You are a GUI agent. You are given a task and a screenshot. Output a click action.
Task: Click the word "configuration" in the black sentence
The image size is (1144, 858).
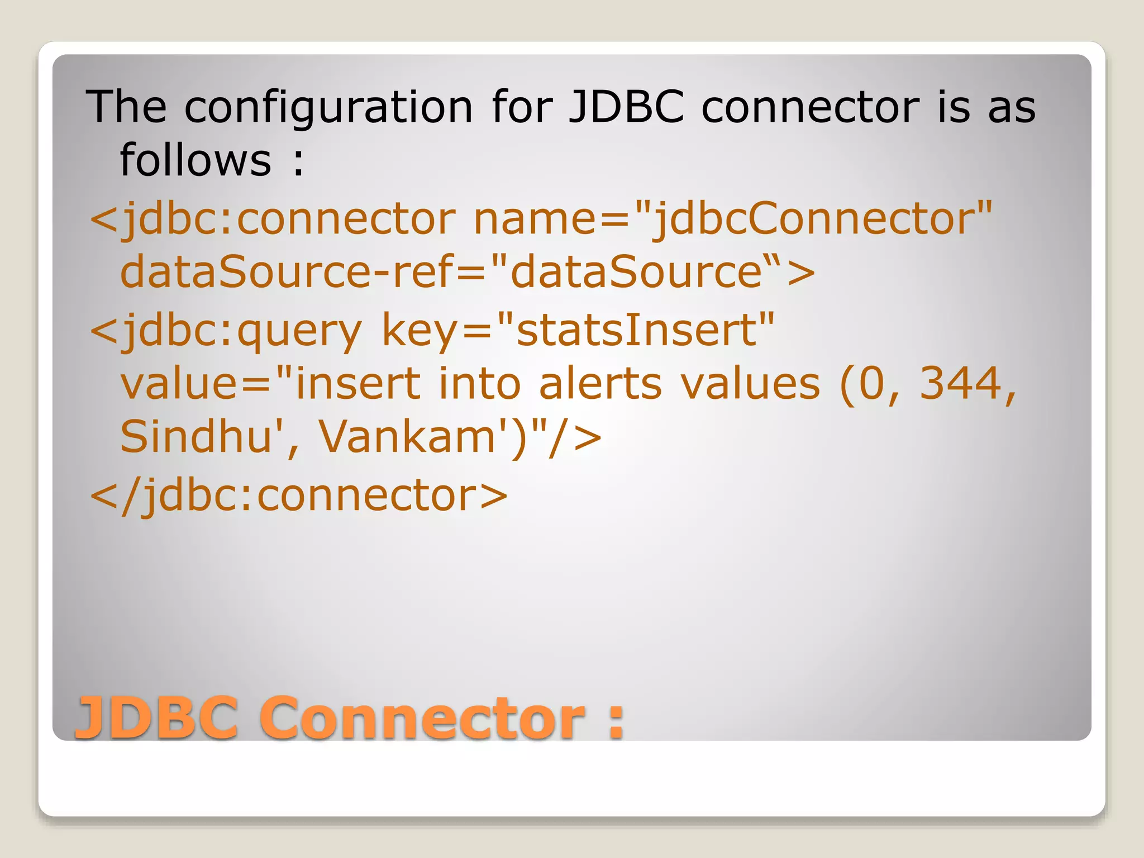[328, 107]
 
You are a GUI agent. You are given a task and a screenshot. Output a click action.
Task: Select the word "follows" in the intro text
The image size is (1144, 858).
[196, 160]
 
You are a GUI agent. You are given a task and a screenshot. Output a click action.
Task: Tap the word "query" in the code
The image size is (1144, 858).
[299, 331]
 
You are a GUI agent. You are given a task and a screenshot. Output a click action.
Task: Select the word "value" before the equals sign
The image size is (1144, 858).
[179, 384]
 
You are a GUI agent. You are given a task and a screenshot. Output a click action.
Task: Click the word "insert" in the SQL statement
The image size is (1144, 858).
[357, 384]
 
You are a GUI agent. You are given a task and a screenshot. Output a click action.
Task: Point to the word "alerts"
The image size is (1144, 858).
[600, 384]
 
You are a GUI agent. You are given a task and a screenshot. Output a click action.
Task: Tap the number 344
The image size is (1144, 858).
[961, 384]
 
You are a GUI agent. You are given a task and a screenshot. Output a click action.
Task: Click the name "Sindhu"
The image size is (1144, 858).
[196, 437]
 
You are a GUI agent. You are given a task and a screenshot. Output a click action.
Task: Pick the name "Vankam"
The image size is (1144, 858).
[407, 437]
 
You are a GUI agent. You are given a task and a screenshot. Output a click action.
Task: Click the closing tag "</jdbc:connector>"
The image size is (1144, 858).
[298, 496]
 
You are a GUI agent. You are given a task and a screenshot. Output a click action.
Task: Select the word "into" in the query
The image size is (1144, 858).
[479, 384]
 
